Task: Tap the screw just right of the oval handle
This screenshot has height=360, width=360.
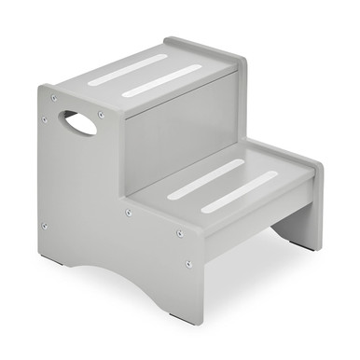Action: click(100, 115)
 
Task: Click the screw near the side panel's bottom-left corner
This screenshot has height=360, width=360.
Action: click(44, 224)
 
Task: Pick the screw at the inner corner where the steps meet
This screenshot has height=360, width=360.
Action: click(129, 211)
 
